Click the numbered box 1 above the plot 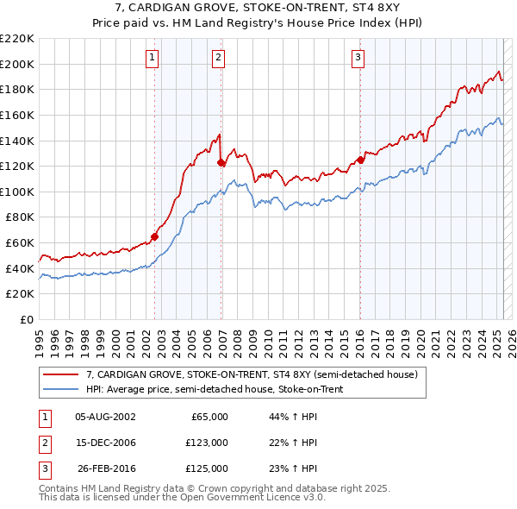tap(152, 58)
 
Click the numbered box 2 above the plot tap(219, 58)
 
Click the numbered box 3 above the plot tap(358, 58)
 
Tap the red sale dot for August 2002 tap(155, 236)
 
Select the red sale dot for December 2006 tap(221, 162)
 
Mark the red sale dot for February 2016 tap(361, 160)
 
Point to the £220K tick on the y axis tap(17, 39)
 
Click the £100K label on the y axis tap(17, 192)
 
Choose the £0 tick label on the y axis tap(26, 319)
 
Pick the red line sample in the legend tap(60, 374)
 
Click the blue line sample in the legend tap(60, 389)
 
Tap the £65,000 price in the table tap(208, 417)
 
